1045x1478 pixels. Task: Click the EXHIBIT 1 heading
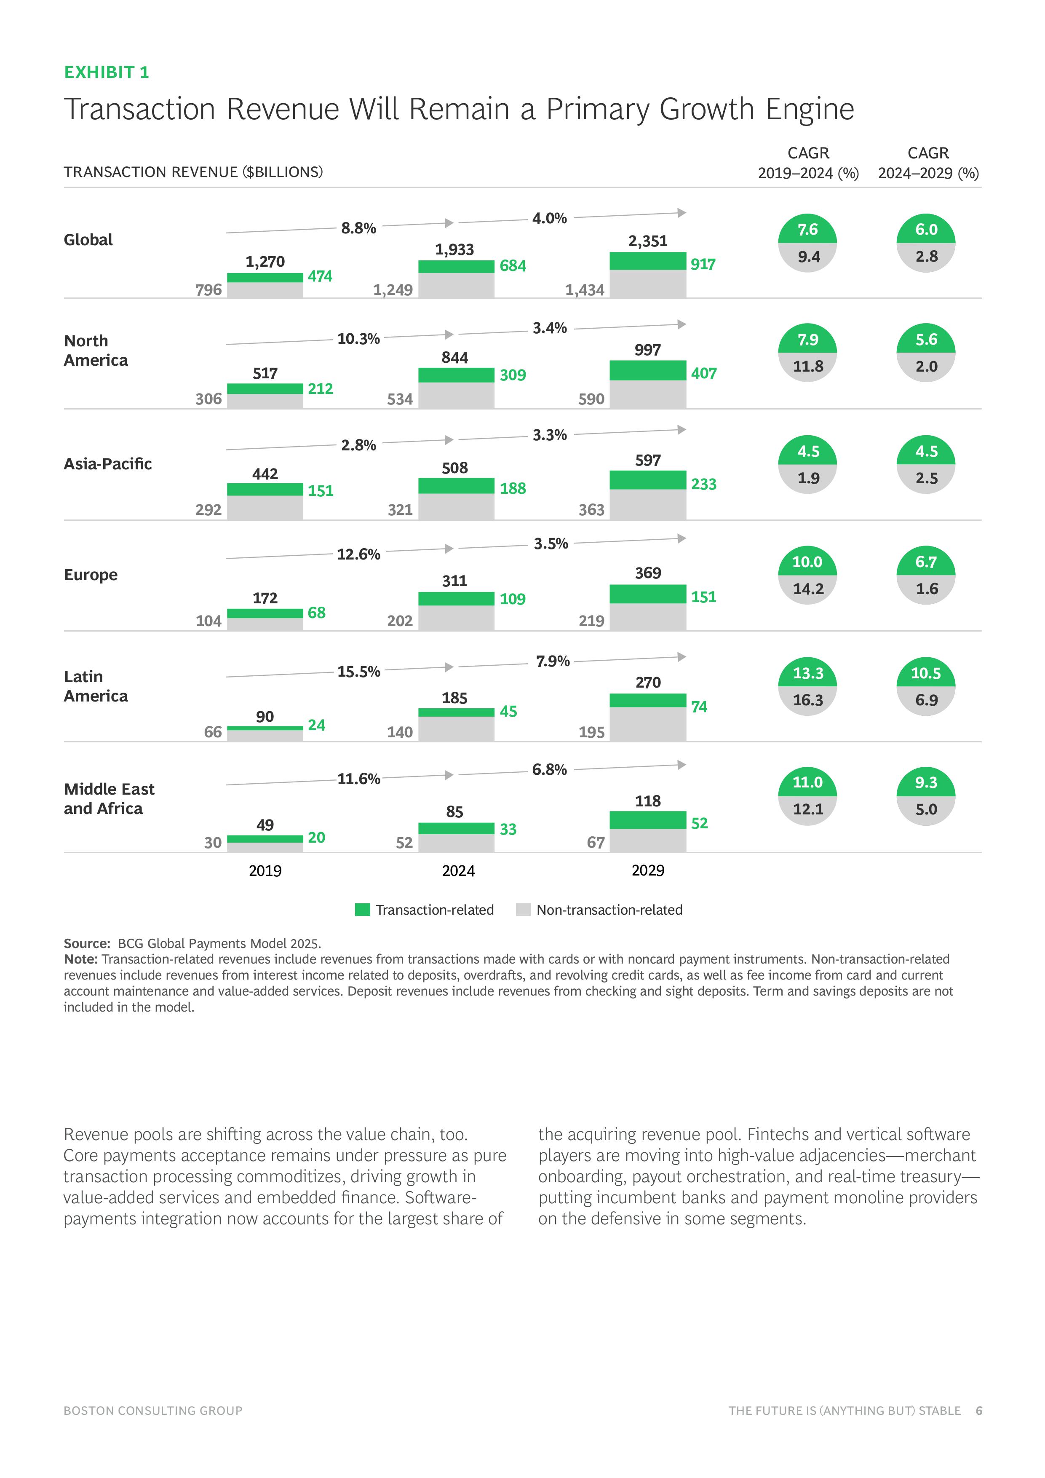tap(106, 72)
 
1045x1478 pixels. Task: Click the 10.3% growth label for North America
tap(358, 339)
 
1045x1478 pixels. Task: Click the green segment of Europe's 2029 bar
tap(647, 594)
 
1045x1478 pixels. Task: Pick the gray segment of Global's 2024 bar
tap(456, 285)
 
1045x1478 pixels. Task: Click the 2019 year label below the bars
tap(265, 870)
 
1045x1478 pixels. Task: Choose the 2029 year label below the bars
tap(647, 870)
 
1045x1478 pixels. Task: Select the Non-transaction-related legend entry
tap(609, 910)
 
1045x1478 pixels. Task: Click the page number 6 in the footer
tap(979, 1411)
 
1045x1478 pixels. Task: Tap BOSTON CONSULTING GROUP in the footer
tap(153, 1411)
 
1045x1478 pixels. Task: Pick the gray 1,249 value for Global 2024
tap(393, 290)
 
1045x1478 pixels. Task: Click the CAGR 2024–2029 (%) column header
tap(928, 163)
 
